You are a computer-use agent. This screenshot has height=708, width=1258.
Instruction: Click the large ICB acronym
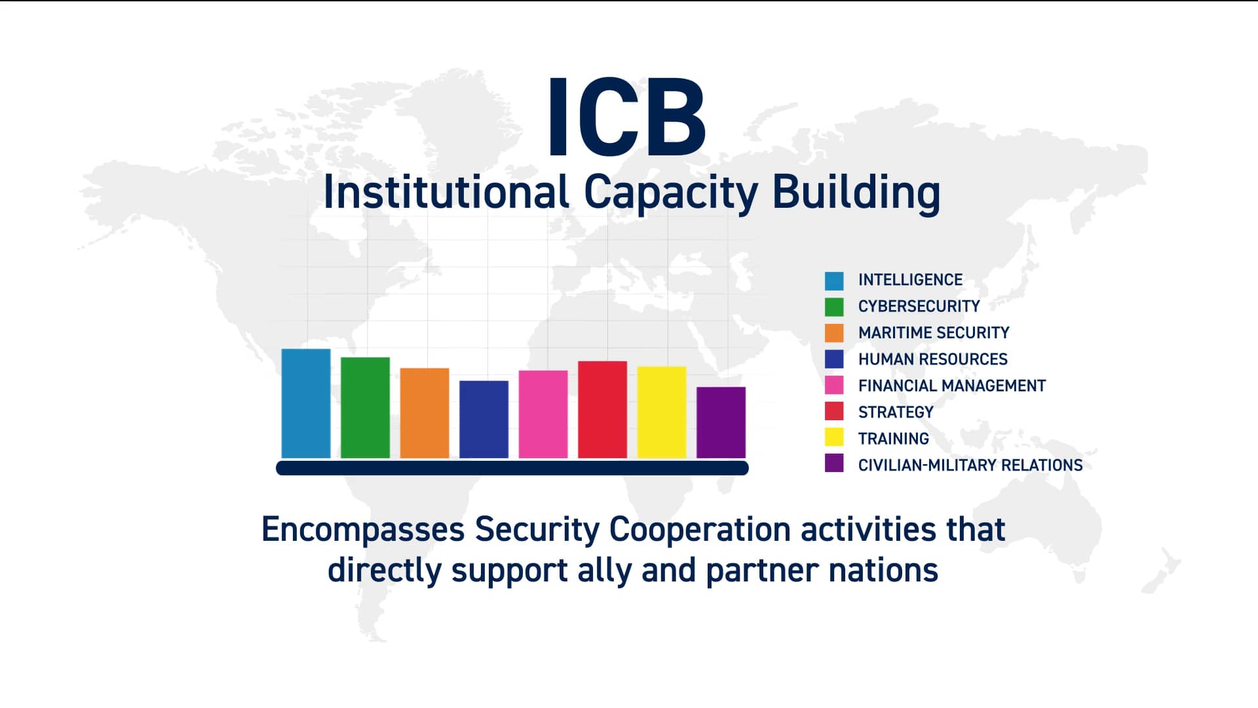click(626, 117)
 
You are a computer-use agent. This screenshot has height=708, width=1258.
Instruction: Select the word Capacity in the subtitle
click(670, 193)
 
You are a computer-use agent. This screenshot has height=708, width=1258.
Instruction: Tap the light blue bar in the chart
click(306, 403)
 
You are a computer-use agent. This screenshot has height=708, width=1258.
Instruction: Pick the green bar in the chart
click(365, 407)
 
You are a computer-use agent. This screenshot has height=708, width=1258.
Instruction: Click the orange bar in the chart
click(425, 413)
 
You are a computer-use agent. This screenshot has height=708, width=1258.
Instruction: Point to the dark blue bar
click(484, 419)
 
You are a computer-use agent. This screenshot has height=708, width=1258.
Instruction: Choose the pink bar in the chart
click(543, 414)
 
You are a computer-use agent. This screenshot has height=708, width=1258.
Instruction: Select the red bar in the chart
click(602, 409)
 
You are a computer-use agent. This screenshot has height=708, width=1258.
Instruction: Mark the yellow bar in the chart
click(662, 412)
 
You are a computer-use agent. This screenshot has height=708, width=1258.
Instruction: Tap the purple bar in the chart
click(721, 422)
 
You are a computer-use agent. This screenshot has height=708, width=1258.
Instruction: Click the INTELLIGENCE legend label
click(910, 280)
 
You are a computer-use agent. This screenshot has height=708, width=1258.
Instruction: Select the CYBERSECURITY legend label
click(919, 306)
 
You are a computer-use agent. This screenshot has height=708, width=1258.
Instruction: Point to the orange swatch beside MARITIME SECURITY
click(834, 333)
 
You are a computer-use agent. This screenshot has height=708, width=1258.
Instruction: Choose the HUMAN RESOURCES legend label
click(932, 359)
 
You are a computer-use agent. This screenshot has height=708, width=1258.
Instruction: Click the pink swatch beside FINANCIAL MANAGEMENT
click(834, 385)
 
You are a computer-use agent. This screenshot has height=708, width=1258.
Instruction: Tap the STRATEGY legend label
click(896, 412)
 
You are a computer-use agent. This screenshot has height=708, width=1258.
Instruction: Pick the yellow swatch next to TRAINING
click(834, 437)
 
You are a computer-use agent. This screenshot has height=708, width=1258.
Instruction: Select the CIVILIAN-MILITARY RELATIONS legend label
click(970, 465)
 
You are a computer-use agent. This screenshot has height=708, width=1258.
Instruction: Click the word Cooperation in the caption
click(700, 530)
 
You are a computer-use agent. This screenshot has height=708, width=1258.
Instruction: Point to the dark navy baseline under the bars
click(512, 468)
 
